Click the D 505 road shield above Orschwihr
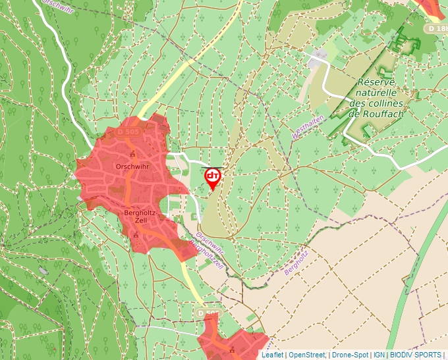129,132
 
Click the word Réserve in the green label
376,83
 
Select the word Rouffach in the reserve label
385,114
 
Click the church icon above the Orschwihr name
132,155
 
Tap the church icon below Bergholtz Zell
136,234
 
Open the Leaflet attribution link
272,355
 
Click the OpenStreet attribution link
306,355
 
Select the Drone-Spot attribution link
349,355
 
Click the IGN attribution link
379,355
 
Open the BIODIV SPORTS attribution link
416,355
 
